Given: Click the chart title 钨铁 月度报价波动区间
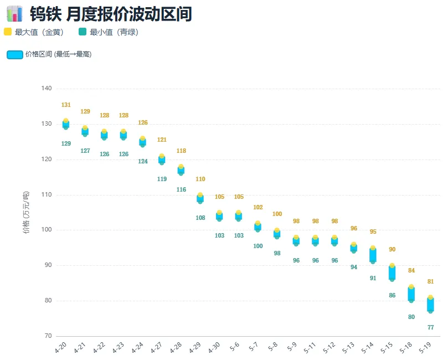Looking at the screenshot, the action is pos(111,14).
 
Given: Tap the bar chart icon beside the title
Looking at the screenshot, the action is pos(14,14).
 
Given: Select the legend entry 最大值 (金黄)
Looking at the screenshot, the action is pos(34,32).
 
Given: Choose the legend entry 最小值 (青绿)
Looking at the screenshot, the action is pos(109,32).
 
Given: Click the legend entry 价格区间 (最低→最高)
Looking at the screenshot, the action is pos(49,54).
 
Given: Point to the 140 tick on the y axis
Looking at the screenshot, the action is pos(47,88).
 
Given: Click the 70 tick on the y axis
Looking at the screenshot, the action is pos(48,336).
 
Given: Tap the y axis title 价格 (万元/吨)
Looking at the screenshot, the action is pos(26,212).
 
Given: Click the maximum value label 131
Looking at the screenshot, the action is pos(66,105).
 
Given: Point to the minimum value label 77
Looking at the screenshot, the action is pos(431,327).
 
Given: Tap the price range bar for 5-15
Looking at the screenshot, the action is pos(392,272).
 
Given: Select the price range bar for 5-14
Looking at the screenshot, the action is pos(373,255).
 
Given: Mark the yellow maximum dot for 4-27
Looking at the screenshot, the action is pos(162,156).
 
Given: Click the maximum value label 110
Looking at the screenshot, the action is pos(200,179).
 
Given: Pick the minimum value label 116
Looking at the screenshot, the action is pos(181,189).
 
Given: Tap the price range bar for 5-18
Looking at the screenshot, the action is pos(411,294).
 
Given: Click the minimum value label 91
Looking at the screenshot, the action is pos(373,278).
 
